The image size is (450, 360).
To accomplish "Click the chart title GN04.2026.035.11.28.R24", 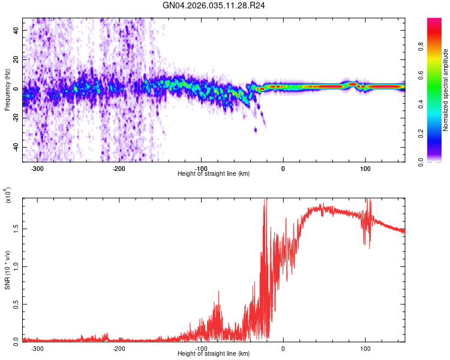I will tap(214, 5).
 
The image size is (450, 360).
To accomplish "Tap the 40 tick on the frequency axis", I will tap(16, 29).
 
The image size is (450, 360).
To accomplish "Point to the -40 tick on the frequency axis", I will tap(15, 147).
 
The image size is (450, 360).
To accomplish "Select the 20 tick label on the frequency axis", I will tap(16, 59).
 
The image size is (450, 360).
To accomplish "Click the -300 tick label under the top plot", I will tap(37, 168).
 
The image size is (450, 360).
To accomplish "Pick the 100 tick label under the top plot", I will tap(365, 168).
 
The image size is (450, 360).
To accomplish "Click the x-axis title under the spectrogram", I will tap(214, 174).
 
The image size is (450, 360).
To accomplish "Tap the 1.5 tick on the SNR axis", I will tap(16, 229).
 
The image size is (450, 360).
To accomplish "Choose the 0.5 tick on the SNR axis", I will tap(16, 304).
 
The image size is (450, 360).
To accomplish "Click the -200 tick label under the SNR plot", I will tap(119, 348).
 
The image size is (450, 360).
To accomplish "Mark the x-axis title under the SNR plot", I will tap(214, 354).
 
